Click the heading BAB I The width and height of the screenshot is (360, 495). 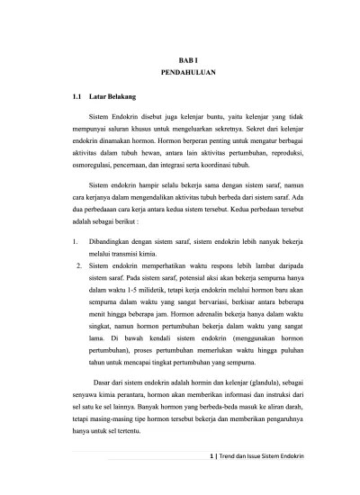point(180,58)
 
